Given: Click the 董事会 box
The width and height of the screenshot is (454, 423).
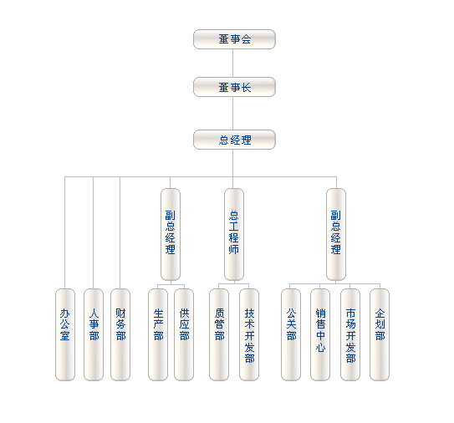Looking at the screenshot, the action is point(234,39).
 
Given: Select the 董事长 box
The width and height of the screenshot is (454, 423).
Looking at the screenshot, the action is point(234,87).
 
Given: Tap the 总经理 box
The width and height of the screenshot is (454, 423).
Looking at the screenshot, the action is point(234,140).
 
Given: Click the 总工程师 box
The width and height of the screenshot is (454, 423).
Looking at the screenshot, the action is point(234,235).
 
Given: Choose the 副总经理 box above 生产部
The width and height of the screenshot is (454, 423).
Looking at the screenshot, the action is point(171,235).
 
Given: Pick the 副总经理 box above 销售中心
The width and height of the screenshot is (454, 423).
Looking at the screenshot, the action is point(336,235).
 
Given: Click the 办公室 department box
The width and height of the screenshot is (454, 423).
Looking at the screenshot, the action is point(65,334).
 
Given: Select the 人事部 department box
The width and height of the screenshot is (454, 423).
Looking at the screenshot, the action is point(94,334).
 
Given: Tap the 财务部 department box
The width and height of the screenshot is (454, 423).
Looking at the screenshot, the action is point(120,334).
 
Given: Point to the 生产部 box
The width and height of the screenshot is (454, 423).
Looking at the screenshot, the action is point(158,334).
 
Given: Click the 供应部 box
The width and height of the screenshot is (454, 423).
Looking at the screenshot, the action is point(184,334).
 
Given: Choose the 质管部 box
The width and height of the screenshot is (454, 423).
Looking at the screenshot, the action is point(219,334).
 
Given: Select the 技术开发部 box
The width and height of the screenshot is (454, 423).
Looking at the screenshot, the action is point(249,334).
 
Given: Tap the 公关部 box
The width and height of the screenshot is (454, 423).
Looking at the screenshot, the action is point(291,334).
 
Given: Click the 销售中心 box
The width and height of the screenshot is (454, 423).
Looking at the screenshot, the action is point(320,334).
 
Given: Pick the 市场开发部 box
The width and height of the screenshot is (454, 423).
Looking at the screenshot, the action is point(350,334).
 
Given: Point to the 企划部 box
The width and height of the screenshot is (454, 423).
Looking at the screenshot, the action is point(380,334).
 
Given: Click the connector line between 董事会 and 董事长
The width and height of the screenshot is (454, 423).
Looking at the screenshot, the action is point(233,64).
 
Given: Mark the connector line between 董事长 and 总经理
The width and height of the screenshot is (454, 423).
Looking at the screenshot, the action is point(233,113).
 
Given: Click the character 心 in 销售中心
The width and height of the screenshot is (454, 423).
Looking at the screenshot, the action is point(320,348).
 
